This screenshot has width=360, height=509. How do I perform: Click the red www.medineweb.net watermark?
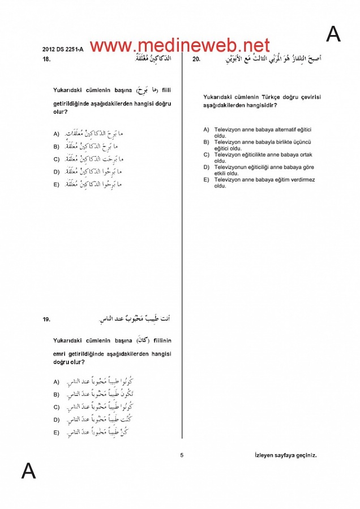point(179,45)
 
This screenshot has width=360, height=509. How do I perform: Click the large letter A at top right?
point(333,34)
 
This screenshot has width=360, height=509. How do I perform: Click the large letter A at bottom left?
point(28,471)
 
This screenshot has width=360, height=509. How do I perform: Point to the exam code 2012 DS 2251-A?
point(63,49)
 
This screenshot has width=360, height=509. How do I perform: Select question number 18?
point(46,59)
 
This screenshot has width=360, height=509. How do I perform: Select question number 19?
point(46,320)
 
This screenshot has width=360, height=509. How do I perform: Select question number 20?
point(196,59)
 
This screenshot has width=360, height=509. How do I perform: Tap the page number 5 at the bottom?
point(181,455)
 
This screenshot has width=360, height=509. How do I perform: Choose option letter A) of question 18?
point(56,134)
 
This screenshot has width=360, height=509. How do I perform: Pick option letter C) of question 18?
point(56,159)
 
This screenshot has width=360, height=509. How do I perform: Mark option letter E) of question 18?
point(56,184)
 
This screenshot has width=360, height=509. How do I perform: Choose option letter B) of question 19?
point(56,394)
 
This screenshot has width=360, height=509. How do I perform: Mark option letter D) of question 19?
point(56,420)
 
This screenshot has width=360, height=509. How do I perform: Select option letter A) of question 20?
point(207,130)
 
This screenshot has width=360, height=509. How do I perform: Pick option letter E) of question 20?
point(207,180)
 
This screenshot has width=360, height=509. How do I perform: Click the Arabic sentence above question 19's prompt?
point(135,320)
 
